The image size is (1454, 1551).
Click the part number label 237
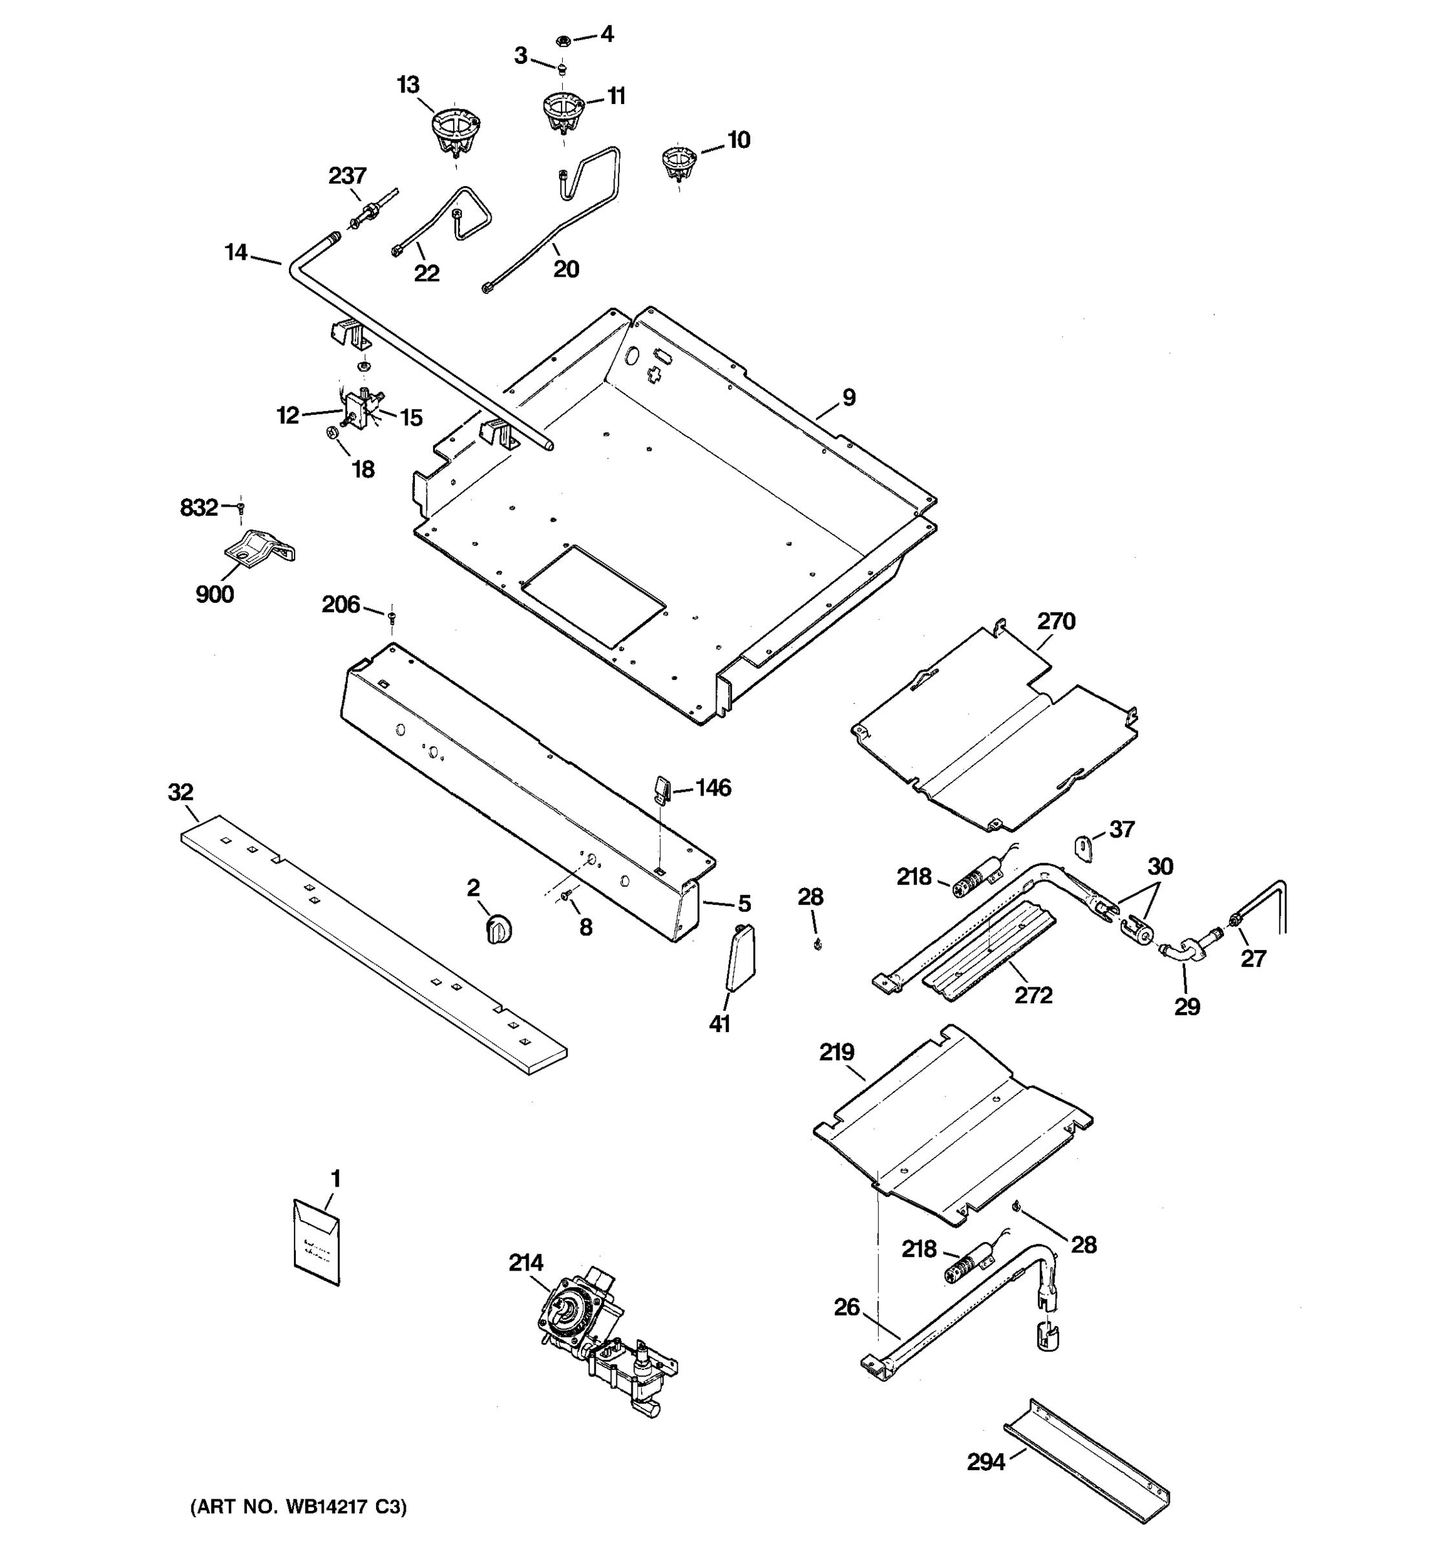click(347, 176)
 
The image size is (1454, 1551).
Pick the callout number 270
click(1056, 622)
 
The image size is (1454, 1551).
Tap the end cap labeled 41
click(741, 958)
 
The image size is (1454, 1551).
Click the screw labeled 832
click(241, 508)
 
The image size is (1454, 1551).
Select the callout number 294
click(986, 1462)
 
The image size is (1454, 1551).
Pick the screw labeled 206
click(392, 617)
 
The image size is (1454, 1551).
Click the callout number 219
click(836, 1053)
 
